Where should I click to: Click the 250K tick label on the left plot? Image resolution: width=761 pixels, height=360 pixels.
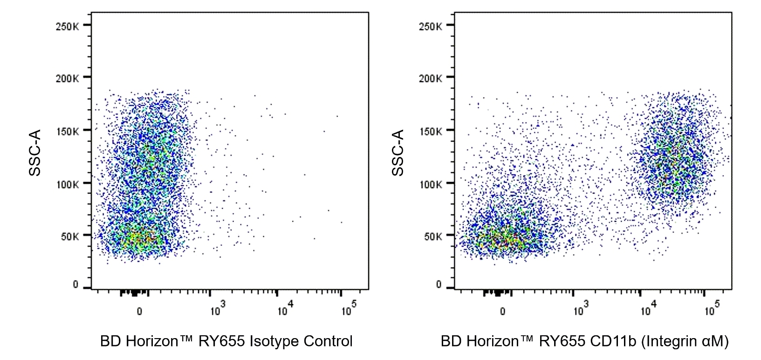(x=67, y=26)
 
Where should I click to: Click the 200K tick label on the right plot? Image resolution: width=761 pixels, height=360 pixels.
(x=430, y=78)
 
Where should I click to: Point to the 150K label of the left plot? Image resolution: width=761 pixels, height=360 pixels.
(x=67, y=131)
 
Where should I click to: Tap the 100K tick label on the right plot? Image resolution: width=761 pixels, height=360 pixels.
(x=430, y=184)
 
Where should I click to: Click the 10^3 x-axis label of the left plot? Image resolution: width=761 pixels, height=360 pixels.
(x=217, y=309)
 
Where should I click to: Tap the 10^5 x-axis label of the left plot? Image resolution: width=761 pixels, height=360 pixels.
(x=348, y=309)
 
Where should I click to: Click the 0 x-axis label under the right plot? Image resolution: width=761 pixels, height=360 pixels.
(x=502, y=311)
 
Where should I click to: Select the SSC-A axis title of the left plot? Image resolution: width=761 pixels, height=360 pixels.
(x=35, y=153)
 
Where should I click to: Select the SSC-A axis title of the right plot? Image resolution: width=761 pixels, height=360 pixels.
(x=398, y=153)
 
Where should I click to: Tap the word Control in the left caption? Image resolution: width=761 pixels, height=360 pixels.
(x=328, y=341)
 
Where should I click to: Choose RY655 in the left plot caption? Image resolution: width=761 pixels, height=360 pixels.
(x=221, y=341)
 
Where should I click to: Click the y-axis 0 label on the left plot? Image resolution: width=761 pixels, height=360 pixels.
(x=75, y=285)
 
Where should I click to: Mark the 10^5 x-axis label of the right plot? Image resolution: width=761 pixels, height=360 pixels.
(x=712, y=309)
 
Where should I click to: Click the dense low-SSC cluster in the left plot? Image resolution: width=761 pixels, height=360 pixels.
(x=140, y=239)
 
